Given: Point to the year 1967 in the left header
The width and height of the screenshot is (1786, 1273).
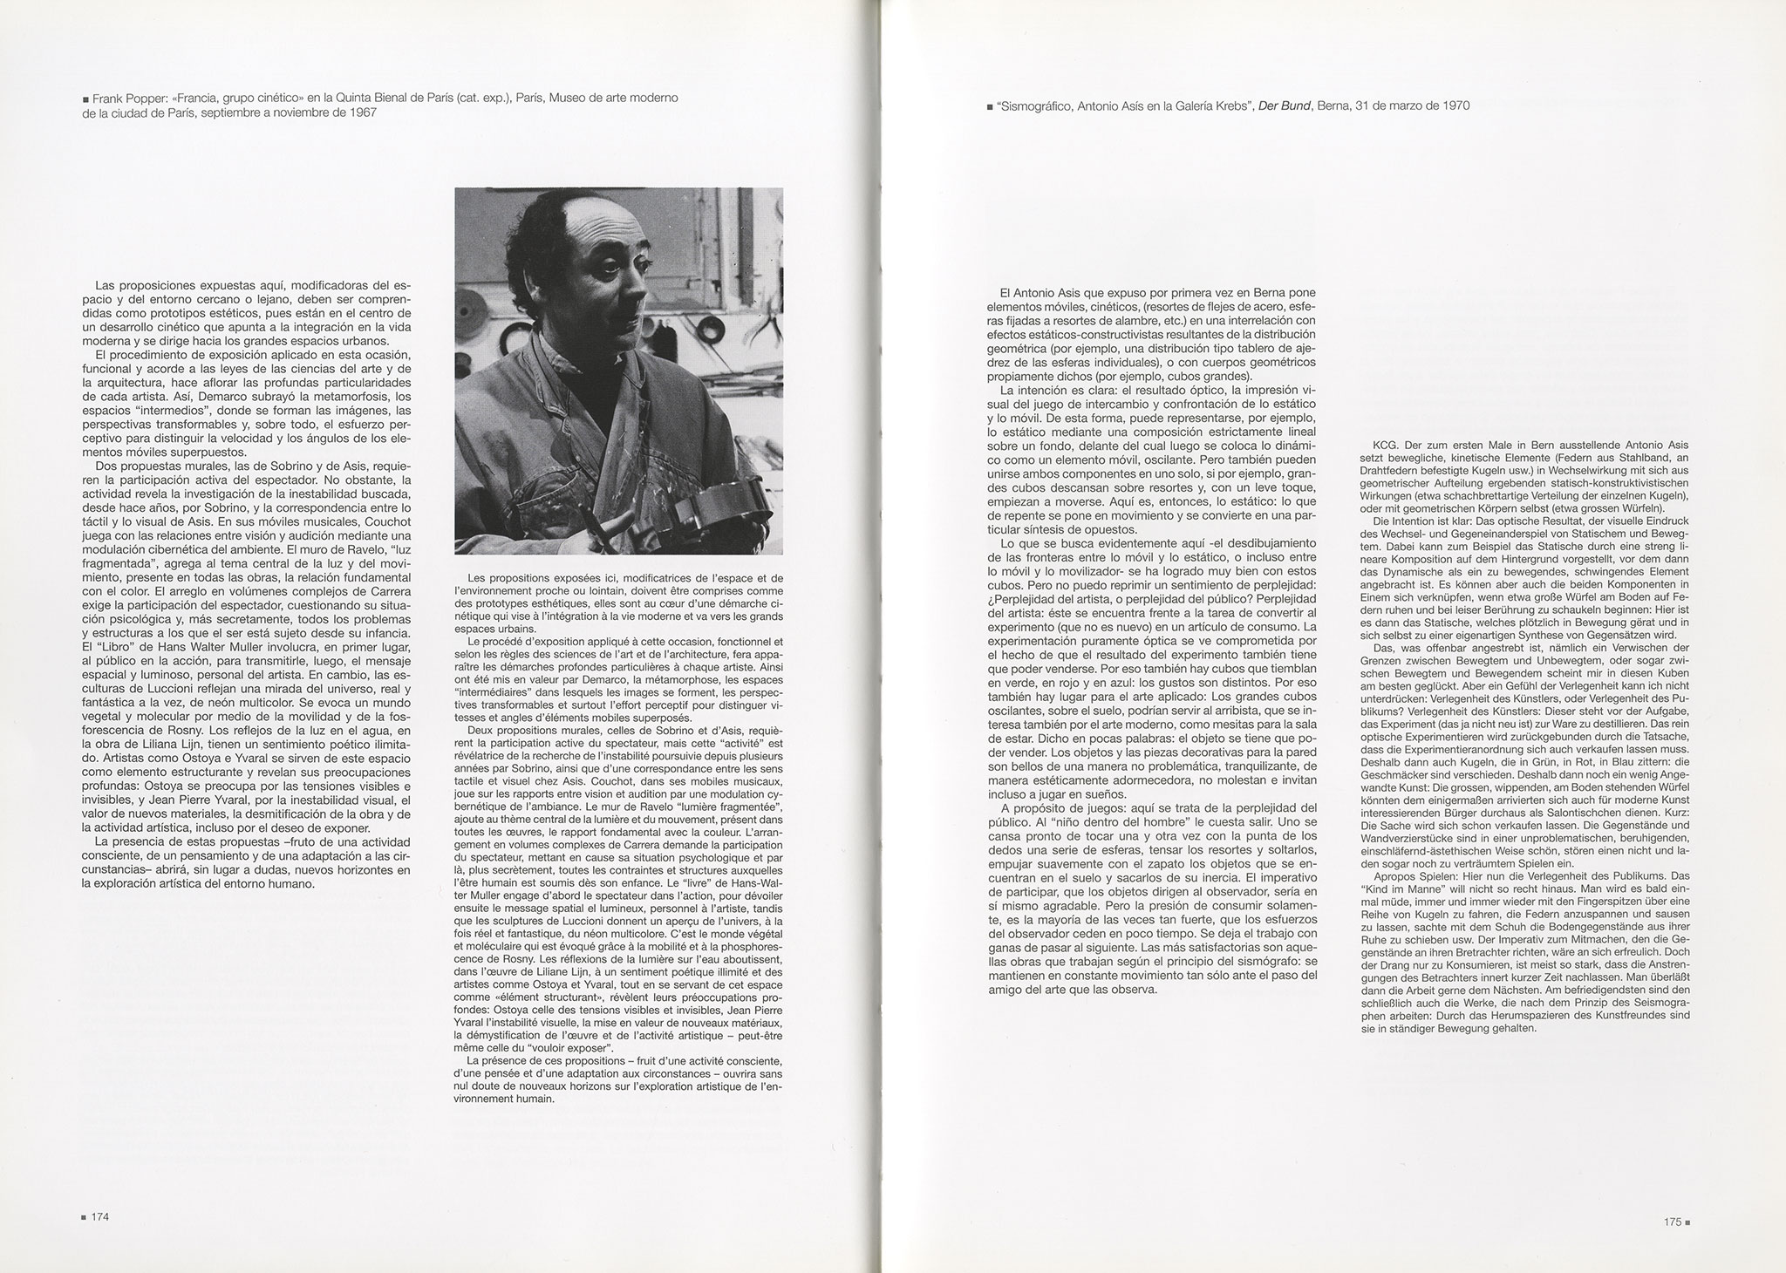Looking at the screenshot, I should [x=362, y=113].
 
